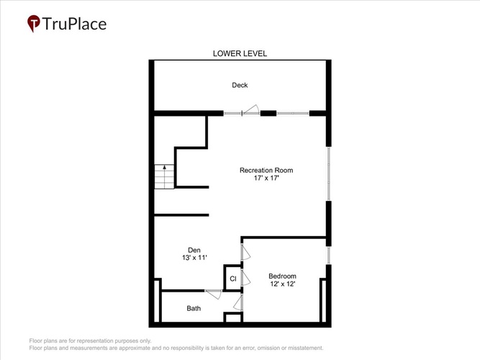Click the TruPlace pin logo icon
tap(34, 23)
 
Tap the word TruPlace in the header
tap(74, 24)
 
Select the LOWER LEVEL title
tap(240, 53)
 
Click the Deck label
tap(240, 85)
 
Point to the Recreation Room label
tap(266, 171)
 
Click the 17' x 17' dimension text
tap(266, 178)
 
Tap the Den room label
tap(194, 250)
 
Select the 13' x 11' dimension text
tap(194, 258)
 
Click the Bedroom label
tap(283, 276)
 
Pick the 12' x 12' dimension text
tap(283, 284)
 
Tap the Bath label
tap(194, 309)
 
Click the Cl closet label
tap(233, 279)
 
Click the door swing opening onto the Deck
tap(251, 110)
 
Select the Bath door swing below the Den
tap(213, 294)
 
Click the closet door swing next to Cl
tap(246, 278)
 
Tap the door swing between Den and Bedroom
tap(246, 253)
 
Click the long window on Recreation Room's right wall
tap(329, 174)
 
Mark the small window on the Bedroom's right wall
tap(329, 256)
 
